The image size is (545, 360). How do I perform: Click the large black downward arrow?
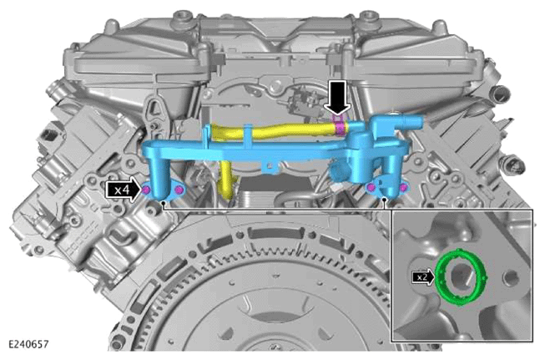pyautogui.click(x=337, y=98)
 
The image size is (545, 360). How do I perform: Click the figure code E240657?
pyautogui.click(x=28, y=344)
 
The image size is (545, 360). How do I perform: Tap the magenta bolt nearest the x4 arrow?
pyautogui.click(x=146, y=190)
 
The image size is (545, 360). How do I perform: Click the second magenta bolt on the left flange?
pyautogui.click(x=179, y=190)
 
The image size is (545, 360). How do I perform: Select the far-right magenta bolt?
pyautogui.click(x=403, y=188)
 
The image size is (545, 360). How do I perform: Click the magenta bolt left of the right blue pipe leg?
pyautogui.click(x=371, y=188)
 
